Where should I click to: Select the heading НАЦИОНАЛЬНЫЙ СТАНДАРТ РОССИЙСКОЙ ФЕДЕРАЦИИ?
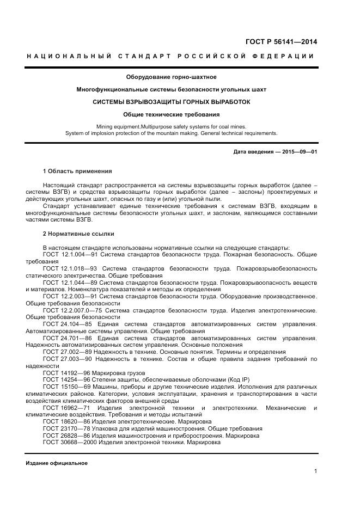point(170,57)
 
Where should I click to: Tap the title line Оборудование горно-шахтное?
point(171,77)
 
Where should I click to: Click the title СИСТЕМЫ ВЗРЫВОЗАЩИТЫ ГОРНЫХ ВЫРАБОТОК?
point(171,101)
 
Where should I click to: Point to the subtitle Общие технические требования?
point(171,114)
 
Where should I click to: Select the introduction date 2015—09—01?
point(299,152)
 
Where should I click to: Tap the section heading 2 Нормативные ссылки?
point(78,234)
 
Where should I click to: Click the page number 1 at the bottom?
point(315,471)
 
